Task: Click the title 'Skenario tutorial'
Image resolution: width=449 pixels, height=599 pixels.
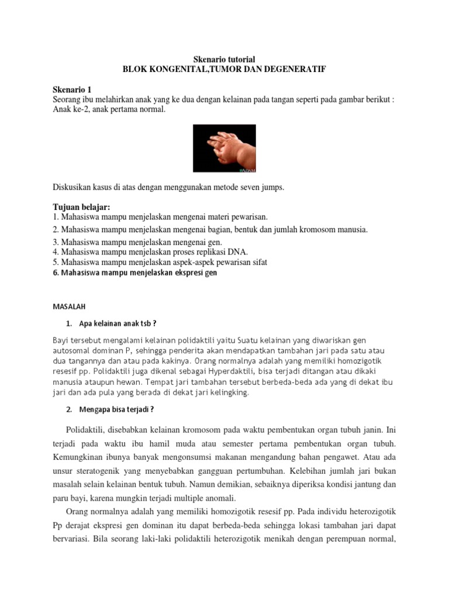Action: point(224,59)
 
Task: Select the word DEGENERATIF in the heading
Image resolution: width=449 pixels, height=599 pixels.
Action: point(293,69)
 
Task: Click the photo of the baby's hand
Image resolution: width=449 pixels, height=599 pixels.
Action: point(224,148)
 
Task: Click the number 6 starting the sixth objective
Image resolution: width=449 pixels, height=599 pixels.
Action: point(55,273)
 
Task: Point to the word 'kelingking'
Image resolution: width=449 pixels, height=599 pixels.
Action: point(229,393)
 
